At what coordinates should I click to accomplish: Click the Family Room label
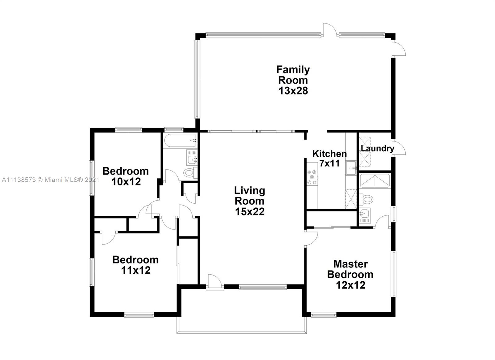point(293,75)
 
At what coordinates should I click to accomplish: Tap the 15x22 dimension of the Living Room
point(249,212)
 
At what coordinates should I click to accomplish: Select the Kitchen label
point(329,154)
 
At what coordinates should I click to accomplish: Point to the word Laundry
point(377,149)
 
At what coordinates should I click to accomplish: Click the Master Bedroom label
point(350,269)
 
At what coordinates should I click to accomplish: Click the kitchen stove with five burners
point(312,177)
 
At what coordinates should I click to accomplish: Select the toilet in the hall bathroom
point(189,172)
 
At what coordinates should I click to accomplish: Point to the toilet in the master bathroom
point(366,199)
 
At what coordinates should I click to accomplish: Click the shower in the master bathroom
point(375,181)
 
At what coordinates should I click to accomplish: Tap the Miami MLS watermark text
point(50,180)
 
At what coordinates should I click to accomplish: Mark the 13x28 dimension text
point(293,91)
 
